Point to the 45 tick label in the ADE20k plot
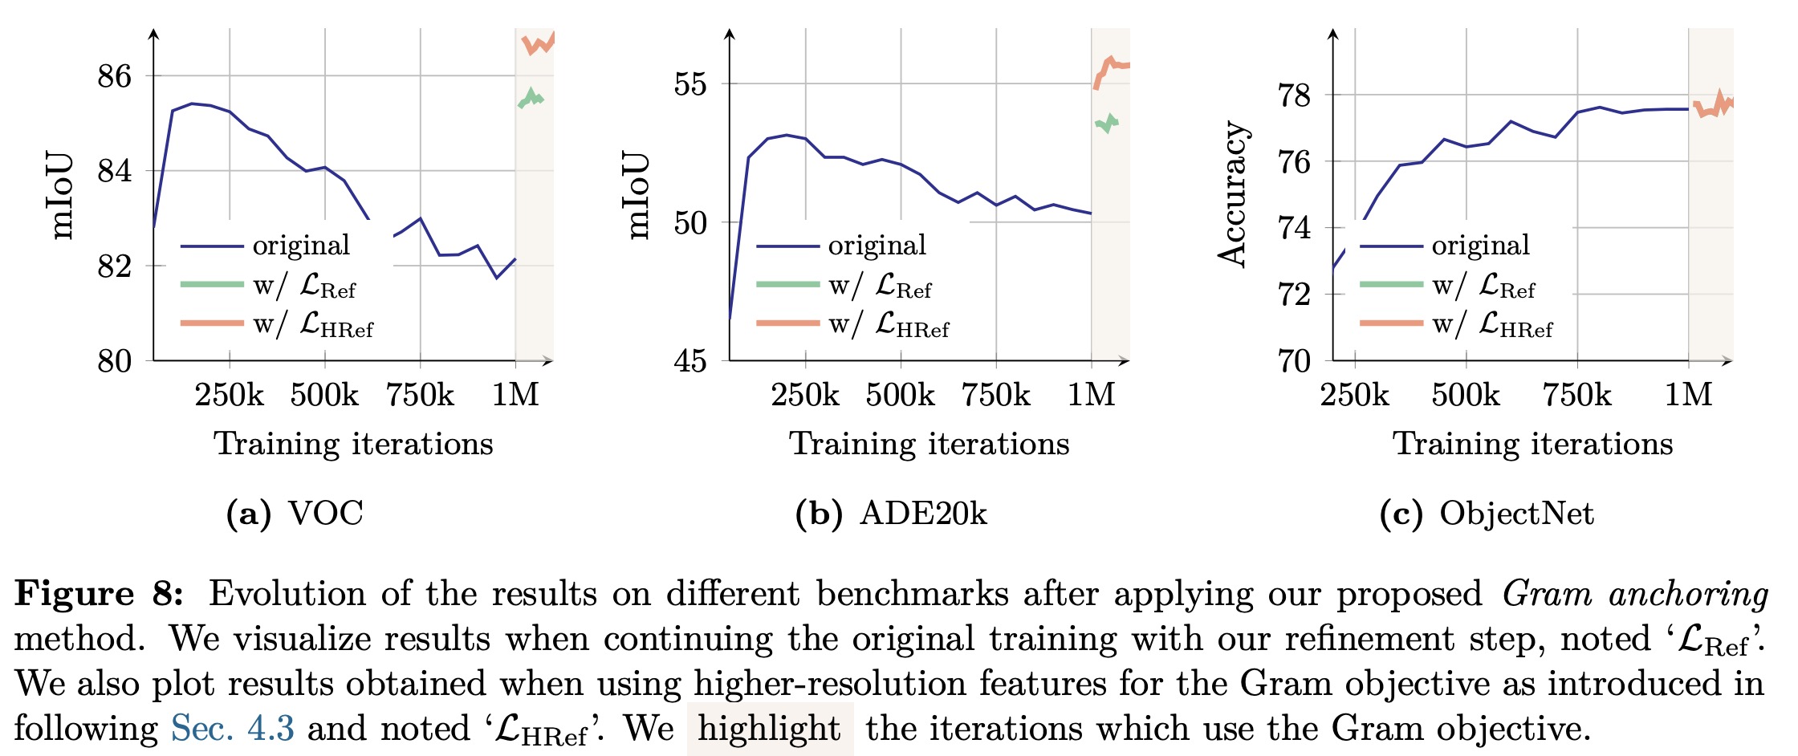(690, 361)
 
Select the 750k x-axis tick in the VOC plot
(420, 395)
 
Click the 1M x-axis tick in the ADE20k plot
(1091, 395)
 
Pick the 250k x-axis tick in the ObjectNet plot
(1355, 395)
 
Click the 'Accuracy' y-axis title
(1232, 194)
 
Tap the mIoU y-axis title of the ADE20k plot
(637, 194)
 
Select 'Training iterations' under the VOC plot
(353, 444)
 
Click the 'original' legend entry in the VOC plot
(301, 246)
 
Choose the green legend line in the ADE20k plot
(787, 284)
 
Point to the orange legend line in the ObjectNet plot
(1391, 323)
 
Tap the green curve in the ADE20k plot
(1106, 123)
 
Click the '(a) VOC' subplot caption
(295, 514)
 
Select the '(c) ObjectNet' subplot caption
(1486, 514)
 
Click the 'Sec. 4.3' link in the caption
(232, 729)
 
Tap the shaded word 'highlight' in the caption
(769, 729)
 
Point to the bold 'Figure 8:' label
(99, 594)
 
